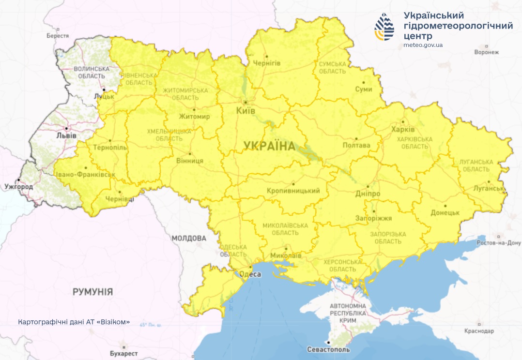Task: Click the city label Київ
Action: (245, 110)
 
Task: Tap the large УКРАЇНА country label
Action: (269, 146)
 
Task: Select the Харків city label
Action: (403, 130)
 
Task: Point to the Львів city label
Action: (66, 135)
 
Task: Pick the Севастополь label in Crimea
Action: (328, 349)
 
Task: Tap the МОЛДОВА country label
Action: (188, 239)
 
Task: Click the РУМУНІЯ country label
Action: (92, 292)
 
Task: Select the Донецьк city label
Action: (445, 212)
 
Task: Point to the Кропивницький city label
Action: (293, 191)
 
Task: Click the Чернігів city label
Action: (266, 63)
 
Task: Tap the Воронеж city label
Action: (487, 52)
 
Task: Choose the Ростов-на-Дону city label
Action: (499, 243)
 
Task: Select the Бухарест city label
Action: (124, 354)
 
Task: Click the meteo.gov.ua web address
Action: (423, 45)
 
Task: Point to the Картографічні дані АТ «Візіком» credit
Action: (74, 322)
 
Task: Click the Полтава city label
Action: (356, 145)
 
